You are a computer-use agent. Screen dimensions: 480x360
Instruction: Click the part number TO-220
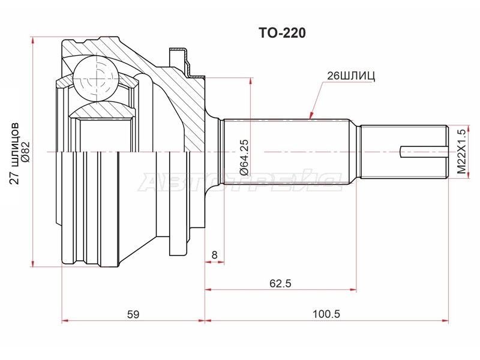coord(282,33)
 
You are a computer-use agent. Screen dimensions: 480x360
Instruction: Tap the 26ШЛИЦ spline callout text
coord(351,76)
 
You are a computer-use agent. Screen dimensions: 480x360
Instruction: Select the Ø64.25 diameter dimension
coord(244,157)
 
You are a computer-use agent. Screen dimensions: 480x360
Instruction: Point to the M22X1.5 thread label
coord(461,151)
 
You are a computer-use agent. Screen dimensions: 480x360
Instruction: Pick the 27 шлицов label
coord(14,153)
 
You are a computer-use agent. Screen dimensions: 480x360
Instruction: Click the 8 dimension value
coord(214,254)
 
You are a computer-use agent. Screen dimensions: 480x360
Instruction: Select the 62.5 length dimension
coord(280,283)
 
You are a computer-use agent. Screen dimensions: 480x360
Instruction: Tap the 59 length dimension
coord(133,314)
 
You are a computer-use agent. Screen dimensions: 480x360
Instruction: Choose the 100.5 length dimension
coord(326,314)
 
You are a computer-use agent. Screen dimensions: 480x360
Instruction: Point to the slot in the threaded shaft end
coord(424,152)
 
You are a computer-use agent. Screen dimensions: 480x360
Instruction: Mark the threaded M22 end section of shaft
coord(404,152)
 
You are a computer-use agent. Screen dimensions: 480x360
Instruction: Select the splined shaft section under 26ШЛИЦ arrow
coord(286,152)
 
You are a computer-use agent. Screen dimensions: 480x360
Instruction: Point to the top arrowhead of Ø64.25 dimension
coord(251,82)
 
